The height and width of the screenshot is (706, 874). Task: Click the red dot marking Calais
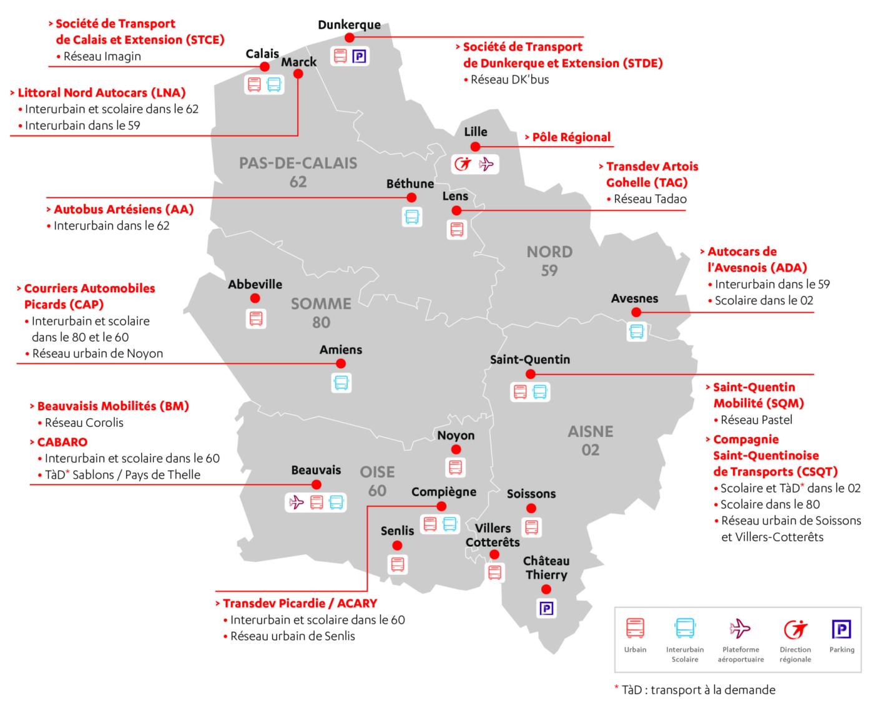click(265, 67)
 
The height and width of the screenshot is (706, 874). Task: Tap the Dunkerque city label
click(349, 25)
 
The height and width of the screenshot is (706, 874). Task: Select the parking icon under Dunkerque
click(359, 57)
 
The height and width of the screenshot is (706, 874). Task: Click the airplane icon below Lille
click(486, 164)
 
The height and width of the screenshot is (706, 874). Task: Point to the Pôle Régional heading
click(571, 137)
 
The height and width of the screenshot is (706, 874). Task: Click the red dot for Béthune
click(411, 197)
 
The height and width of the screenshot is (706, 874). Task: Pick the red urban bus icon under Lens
click(457, 229)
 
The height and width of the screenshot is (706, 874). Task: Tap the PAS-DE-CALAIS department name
click(298, 164)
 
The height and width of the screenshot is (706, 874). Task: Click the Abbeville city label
click(255, 284)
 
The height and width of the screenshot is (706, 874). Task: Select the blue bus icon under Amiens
click(341, 382)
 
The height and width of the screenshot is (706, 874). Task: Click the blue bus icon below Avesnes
click(636, 331)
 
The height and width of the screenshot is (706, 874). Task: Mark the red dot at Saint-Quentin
click(531, 375)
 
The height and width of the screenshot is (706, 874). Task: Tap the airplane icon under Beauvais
click(297, 502)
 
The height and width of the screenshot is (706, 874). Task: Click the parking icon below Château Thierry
click(546, 608)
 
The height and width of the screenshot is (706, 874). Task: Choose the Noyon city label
click(456, 435)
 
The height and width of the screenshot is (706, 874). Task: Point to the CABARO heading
click(62, 442)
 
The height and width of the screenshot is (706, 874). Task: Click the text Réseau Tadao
click(650, 199)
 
